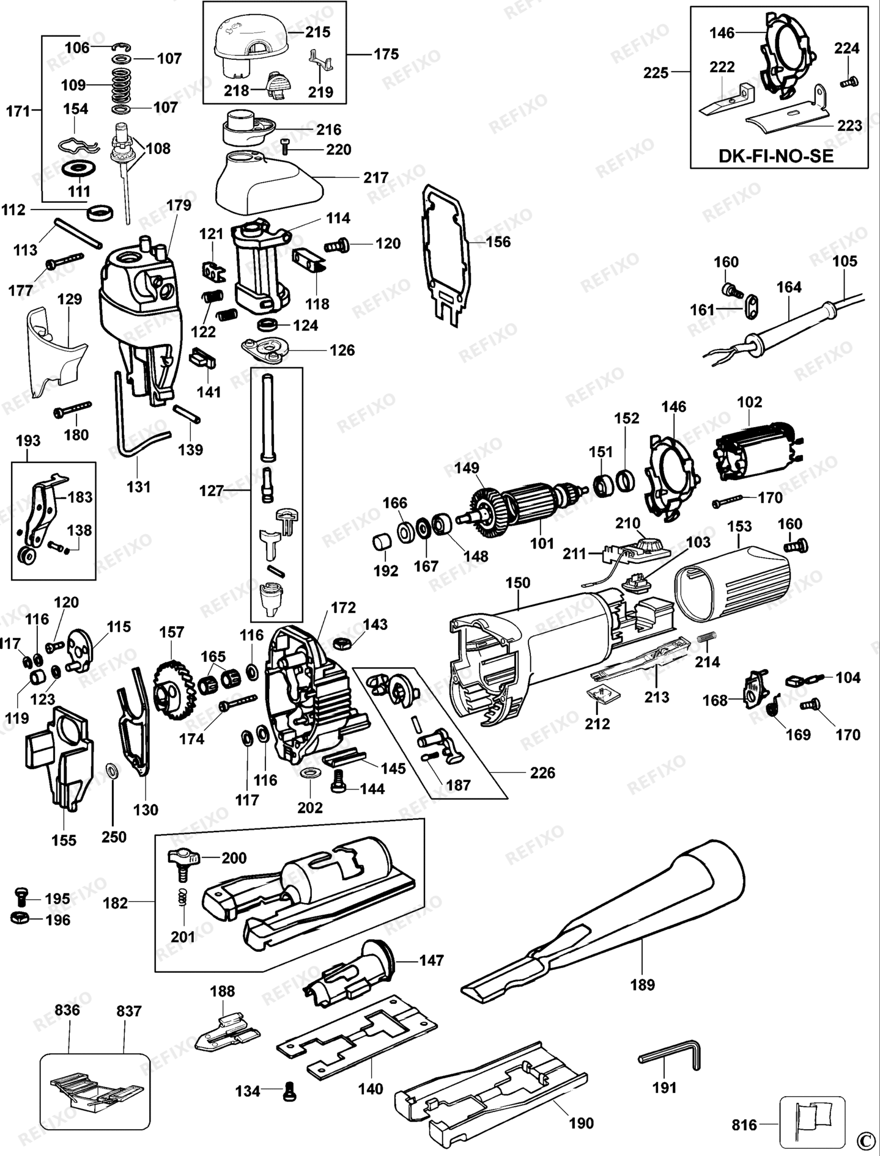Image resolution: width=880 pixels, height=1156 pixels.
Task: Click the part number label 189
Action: pos(642,984)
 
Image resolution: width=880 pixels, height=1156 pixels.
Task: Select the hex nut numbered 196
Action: pos(18,918)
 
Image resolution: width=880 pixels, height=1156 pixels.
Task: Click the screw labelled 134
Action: pos(289,1091)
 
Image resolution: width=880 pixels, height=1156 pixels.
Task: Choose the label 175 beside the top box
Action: pos(386,54)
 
